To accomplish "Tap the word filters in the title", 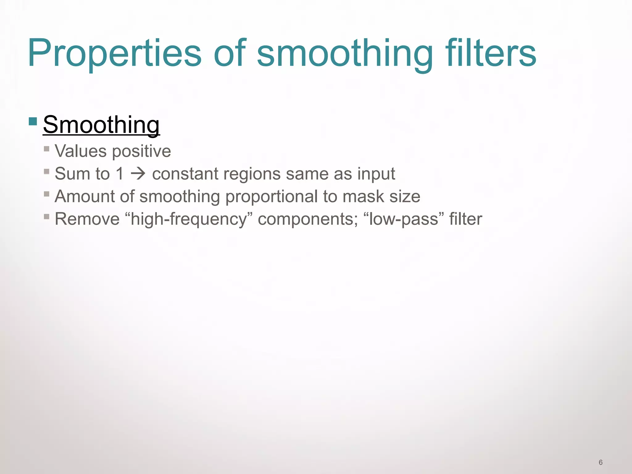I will coord(491,53).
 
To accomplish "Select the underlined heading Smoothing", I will coord(101,125).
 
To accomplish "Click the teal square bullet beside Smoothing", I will coord(33,121).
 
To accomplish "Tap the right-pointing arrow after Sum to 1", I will coord(138,174).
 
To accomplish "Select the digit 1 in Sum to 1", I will coord(120,174).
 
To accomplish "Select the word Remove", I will coord(87,219).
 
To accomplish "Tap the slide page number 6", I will coord(601,462).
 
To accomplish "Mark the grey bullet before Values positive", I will coord(47,149).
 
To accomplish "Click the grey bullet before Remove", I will coord(47,217).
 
